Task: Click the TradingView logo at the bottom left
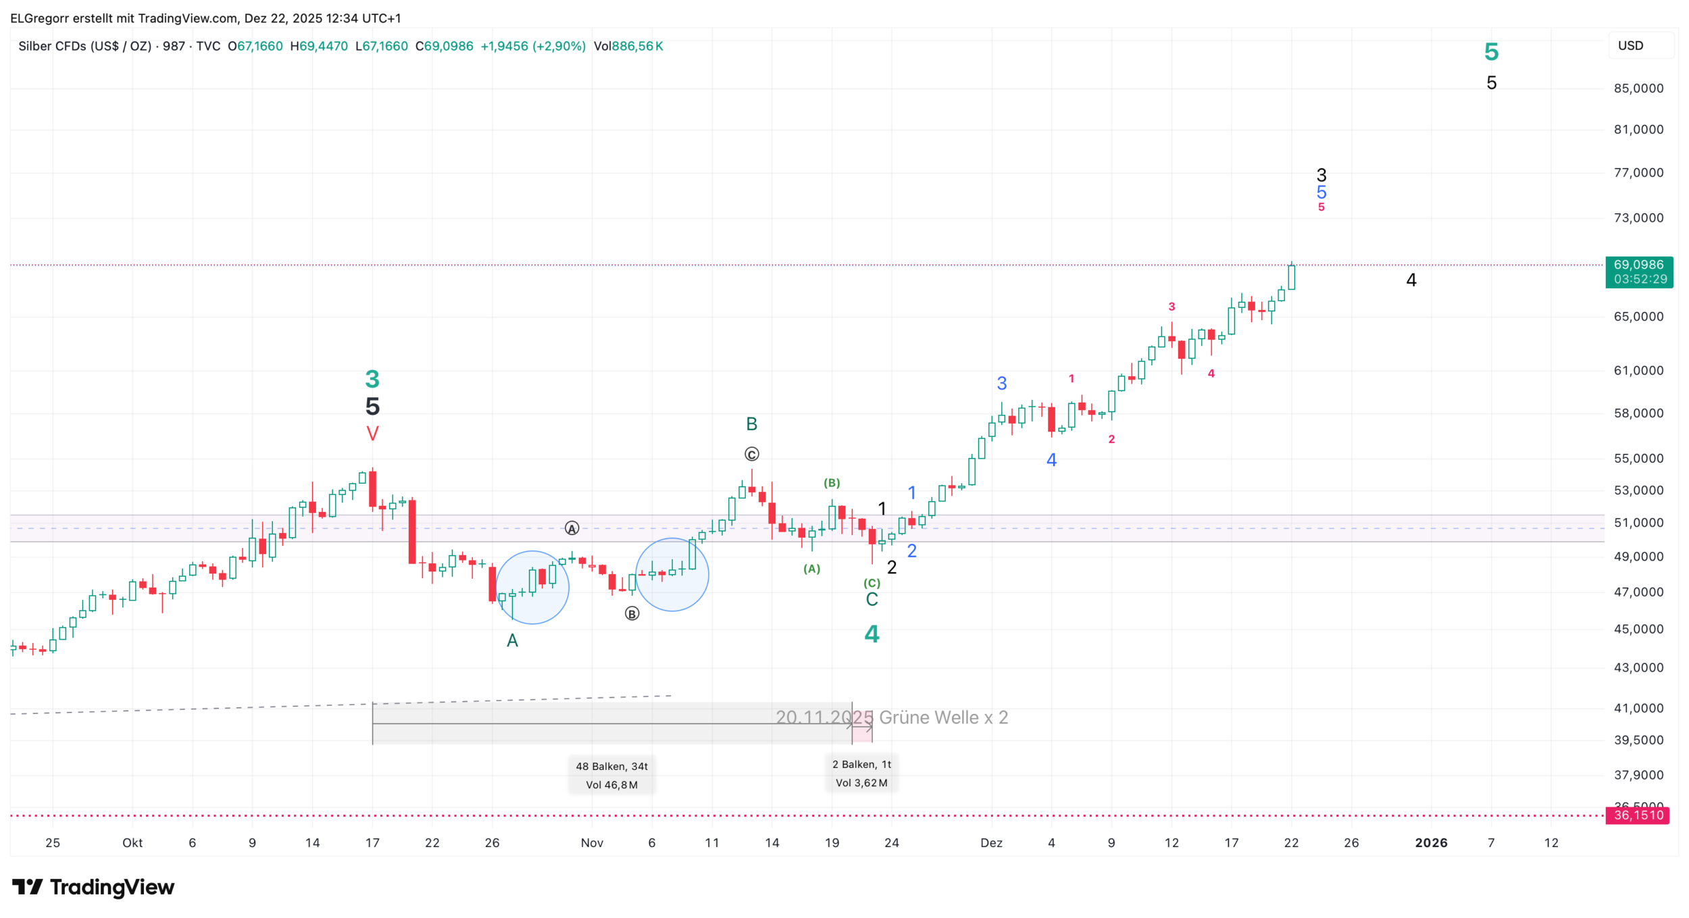(x=93, y=887)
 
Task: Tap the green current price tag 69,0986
(x=1638, y=272)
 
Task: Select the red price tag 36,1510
(x=1638, y=815)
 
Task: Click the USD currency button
(x=1630, y=46)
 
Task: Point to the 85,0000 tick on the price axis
(x=1638, y=88)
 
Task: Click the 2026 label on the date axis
(x=1431, y=842)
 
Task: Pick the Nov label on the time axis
(x=592, y=842)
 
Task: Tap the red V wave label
(x=372, y=434)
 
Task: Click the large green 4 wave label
(x=872, y=634)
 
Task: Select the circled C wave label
(x=751, y=454)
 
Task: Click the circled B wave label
(x=632, y=613)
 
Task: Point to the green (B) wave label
(x=832, y=483)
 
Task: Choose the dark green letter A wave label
(x=512, y=640)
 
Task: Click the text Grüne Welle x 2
(x=943, y=717)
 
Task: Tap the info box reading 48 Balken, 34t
(x=611, y=775)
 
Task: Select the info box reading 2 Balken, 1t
(x=861, y=773)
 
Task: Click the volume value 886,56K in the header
(x=637, y=46)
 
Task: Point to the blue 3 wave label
(x=1002, y=384)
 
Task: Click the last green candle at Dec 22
(x=1291, y=277)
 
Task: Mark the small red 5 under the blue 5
(x=1321, y=207)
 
